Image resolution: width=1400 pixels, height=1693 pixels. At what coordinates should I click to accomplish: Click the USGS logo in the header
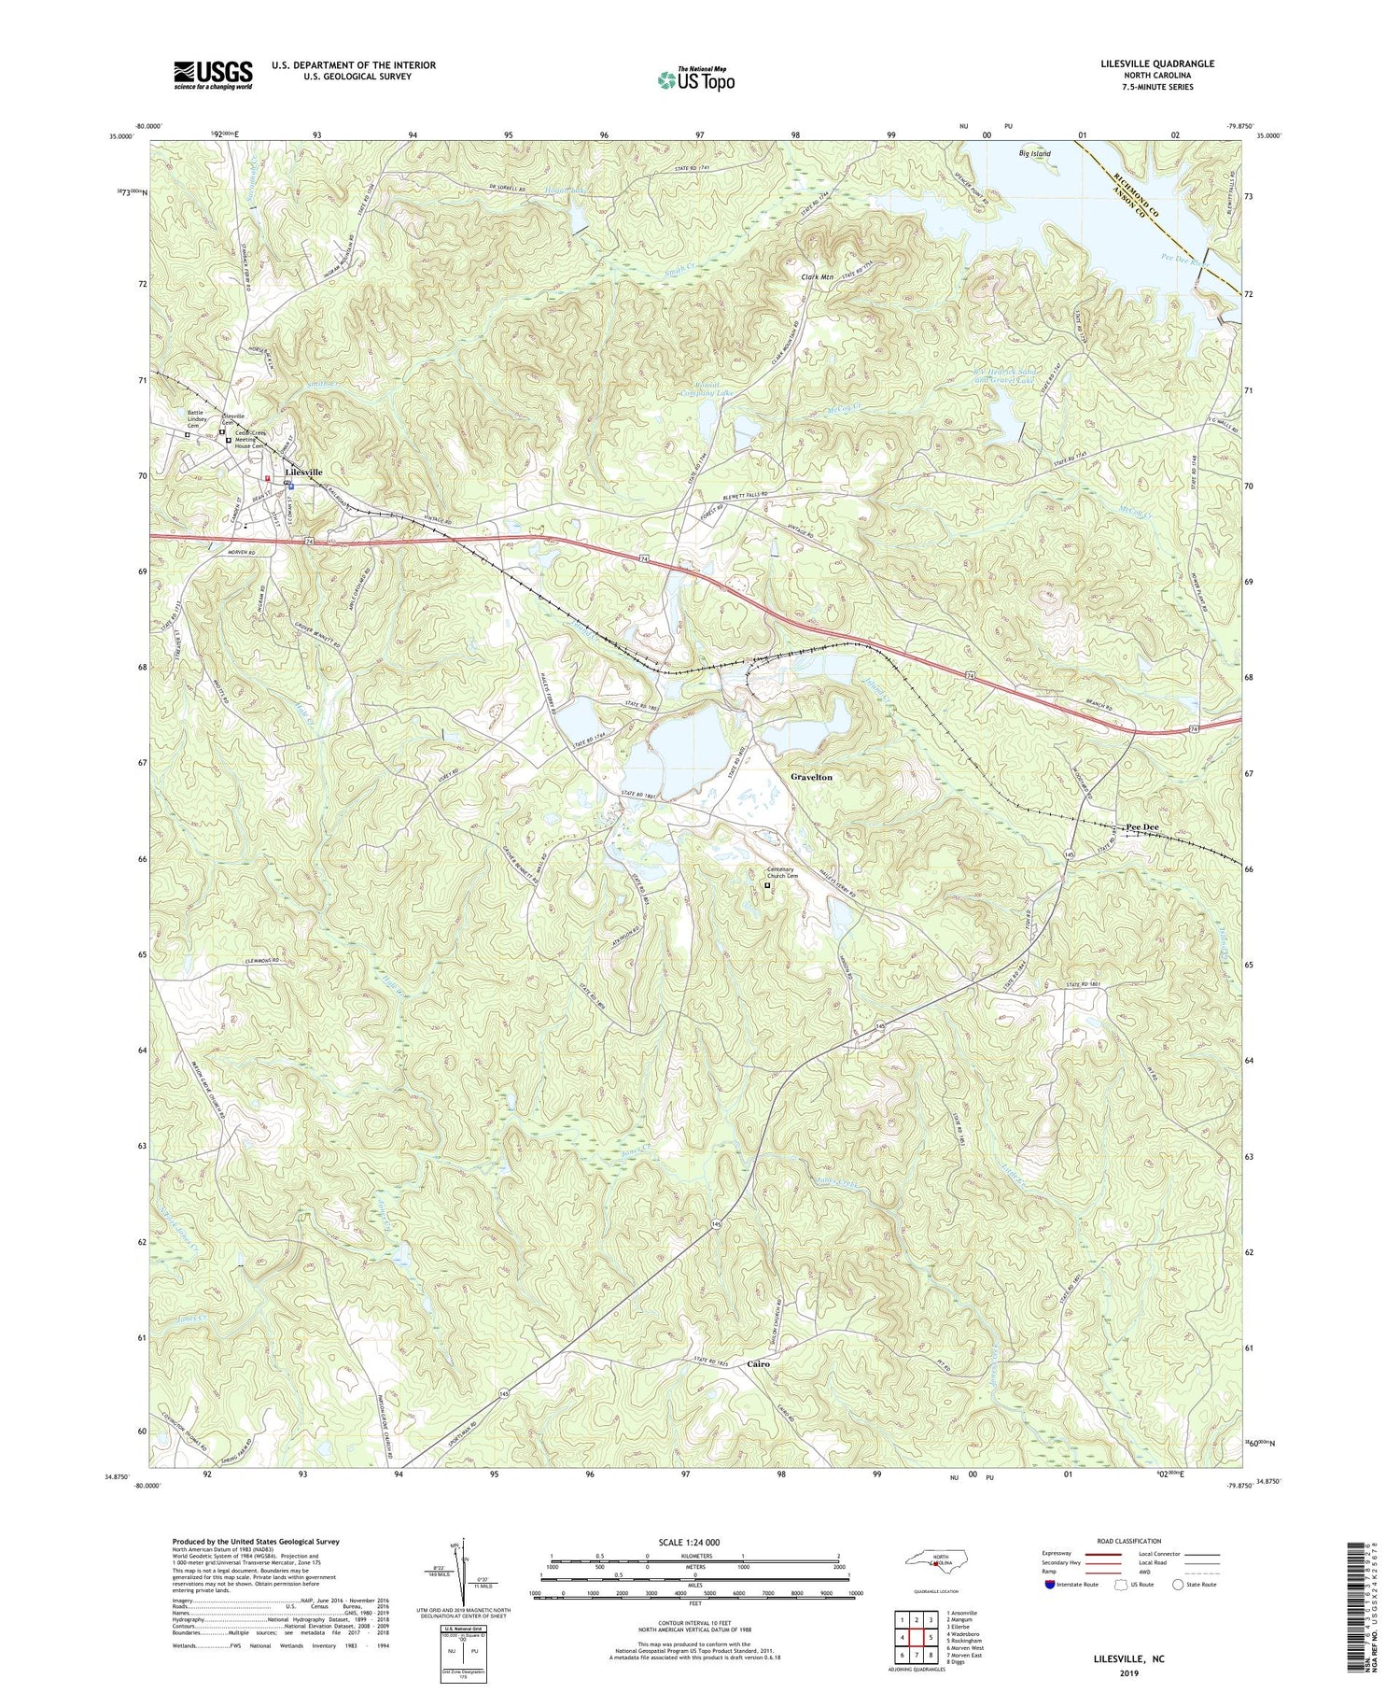[x=213, y=75]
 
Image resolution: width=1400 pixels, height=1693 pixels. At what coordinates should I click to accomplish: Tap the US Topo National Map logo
[x=695, y=80]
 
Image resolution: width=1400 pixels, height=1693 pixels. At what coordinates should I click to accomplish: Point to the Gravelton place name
[x=811, y=777]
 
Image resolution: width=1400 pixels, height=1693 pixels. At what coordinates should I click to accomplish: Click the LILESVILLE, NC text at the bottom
[x=1128, y=1659]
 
